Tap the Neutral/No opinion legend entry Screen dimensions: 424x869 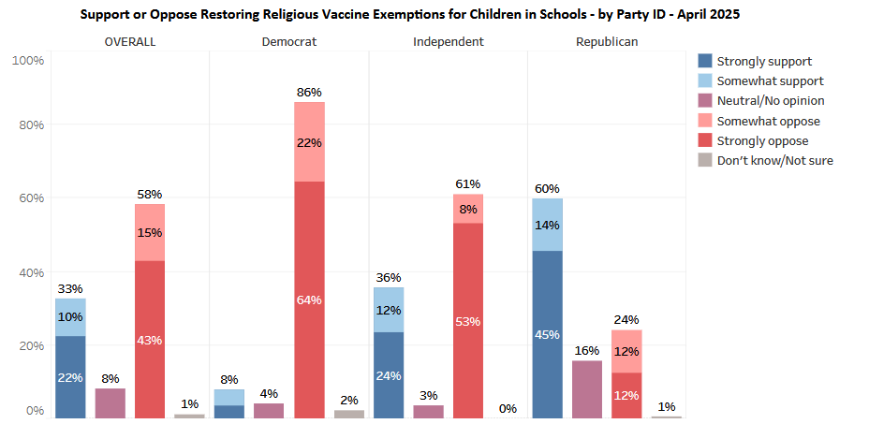[x=770, y=100]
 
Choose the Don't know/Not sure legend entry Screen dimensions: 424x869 [x=774, y=160]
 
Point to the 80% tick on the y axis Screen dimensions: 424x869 [x=29, y=124]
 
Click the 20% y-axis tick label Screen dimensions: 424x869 [x=29, y=346]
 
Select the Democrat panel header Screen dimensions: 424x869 [x=288, y=42]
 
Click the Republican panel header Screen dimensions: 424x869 [x=607, y=42]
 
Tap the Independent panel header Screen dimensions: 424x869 [x=449, y=42]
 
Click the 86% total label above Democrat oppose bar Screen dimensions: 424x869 [x=309, y=92]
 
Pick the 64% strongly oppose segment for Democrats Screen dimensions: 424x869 [x=309, y=300]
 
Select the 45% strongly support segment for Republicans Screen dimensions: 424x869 [x=548, y=334]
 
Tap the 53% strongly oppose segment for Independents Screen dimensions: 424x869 [x=468, y=320]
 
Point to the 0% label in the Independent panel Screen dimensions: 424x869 [x=508, y=408]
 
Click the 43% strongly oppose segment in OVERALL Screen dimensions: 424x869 [x=150, y=339]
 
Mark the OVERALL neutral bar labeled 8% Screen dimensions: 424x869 [x=110, y=402]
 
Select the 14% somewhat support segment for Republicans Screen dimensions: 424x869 [x=548, y=225]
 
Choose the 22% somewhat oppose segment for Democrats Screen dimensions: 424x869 [x=309, y=142]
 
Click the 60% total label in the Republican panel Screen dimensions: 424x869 [x=548, y=188]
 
